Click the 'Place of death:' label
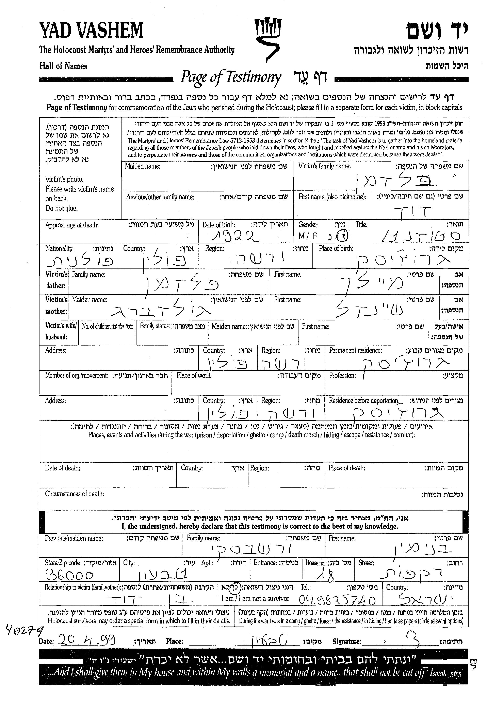pos(347,468)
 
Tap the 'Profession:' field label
pos(342,376)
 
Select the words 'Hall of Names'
pos(63,66)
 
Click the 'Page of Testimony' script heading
pos(231,77)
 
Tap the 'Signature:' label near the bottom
pos(347,641)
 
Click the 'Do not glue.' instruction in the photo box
pos(61,208)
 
